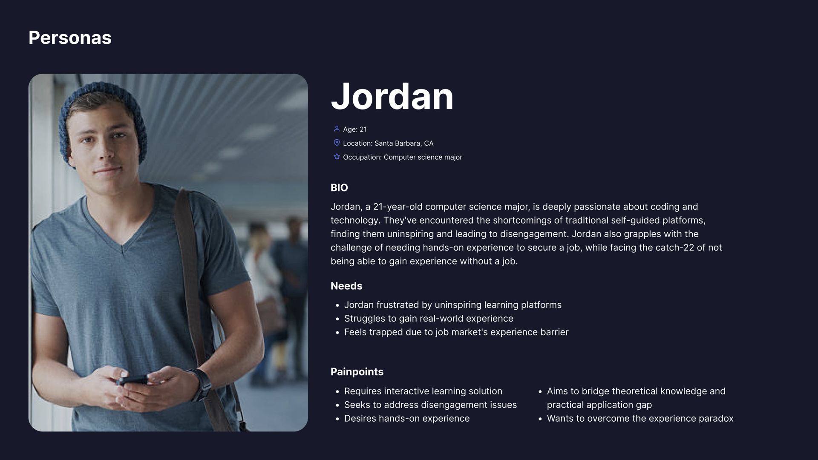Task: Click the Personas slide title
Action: click(70, 38)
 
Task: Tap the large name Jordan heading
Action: click(392, 97)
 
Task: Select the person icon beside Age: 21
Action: click(337, 129)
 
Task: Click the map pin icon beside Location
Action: click(337, 143)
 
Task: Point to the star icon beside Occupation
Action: click(337, 157)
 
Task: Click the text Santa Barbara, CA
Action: click(404, 144)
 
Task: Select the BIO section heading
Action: click(339, 188)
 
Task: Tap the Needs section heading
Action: click(346, 286)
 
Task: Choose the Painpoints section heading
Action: click(357, 372)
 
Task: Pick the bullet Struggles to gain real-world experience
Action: click(429, 319)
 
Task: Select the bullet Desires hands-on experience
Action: click(407, 419)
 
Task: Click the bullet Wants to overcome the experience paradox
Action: click(640, 419)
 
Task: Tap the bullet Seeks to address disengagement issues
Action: click(430, 405)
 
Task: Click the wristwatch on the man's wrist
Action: click(202, 384)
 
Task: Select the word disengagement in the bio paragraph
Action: click(534, 234)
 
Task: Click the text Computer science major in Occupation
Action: click(423, 157)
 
